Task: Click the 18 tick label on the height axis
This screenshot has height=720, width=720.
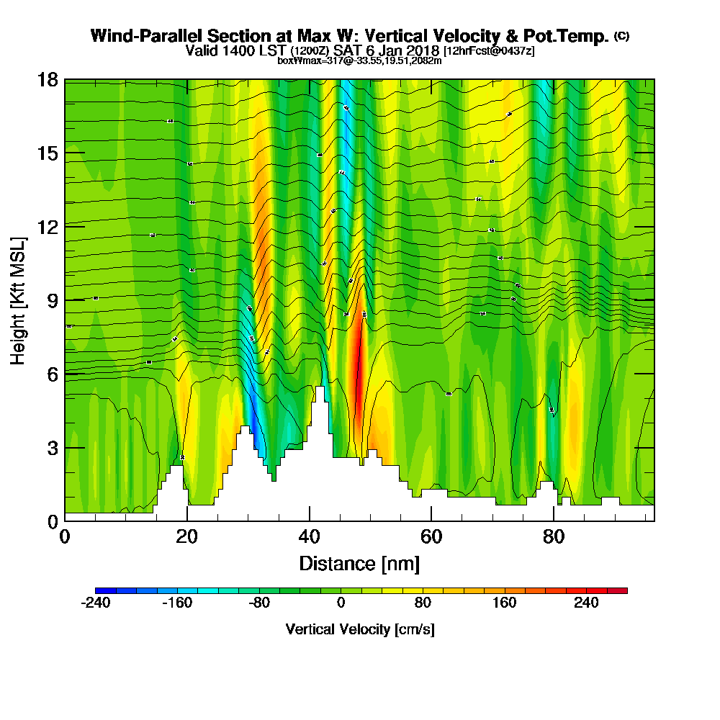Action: tap(48, 79)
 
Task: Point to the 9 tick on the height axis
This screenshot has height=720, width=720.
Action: tap(65, 300)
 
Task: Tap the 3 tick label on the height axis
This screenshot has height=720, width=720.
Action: tap(53, 447)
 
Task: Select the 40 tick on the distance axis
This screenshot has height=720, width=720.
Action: tap(309, 521)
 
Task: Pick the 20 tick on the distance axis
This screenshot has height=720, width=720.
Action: tap(187, 521)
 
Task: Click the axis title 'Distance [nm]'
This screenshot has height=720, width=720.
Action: tap(359, 563)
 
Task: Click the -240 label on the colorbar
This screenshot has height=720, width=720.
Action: tap(95, 603)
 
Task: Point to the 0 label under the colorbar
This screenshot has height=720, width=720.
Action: tap(341, 603)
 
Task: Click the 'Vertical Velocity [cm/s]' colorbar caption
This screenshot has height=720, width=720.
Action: tap(360, 629)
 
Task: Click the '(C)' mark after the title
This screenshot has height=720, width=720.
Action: tap(621, 36)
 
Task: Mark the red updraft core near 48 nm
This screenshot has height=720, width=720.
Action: tap(358, 367)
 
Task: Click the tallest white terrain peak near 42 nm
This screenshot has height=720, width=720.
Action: tap(319, 392)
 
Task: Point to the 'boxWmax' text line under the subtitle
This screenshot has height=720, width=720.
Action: tap(359, 60)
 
